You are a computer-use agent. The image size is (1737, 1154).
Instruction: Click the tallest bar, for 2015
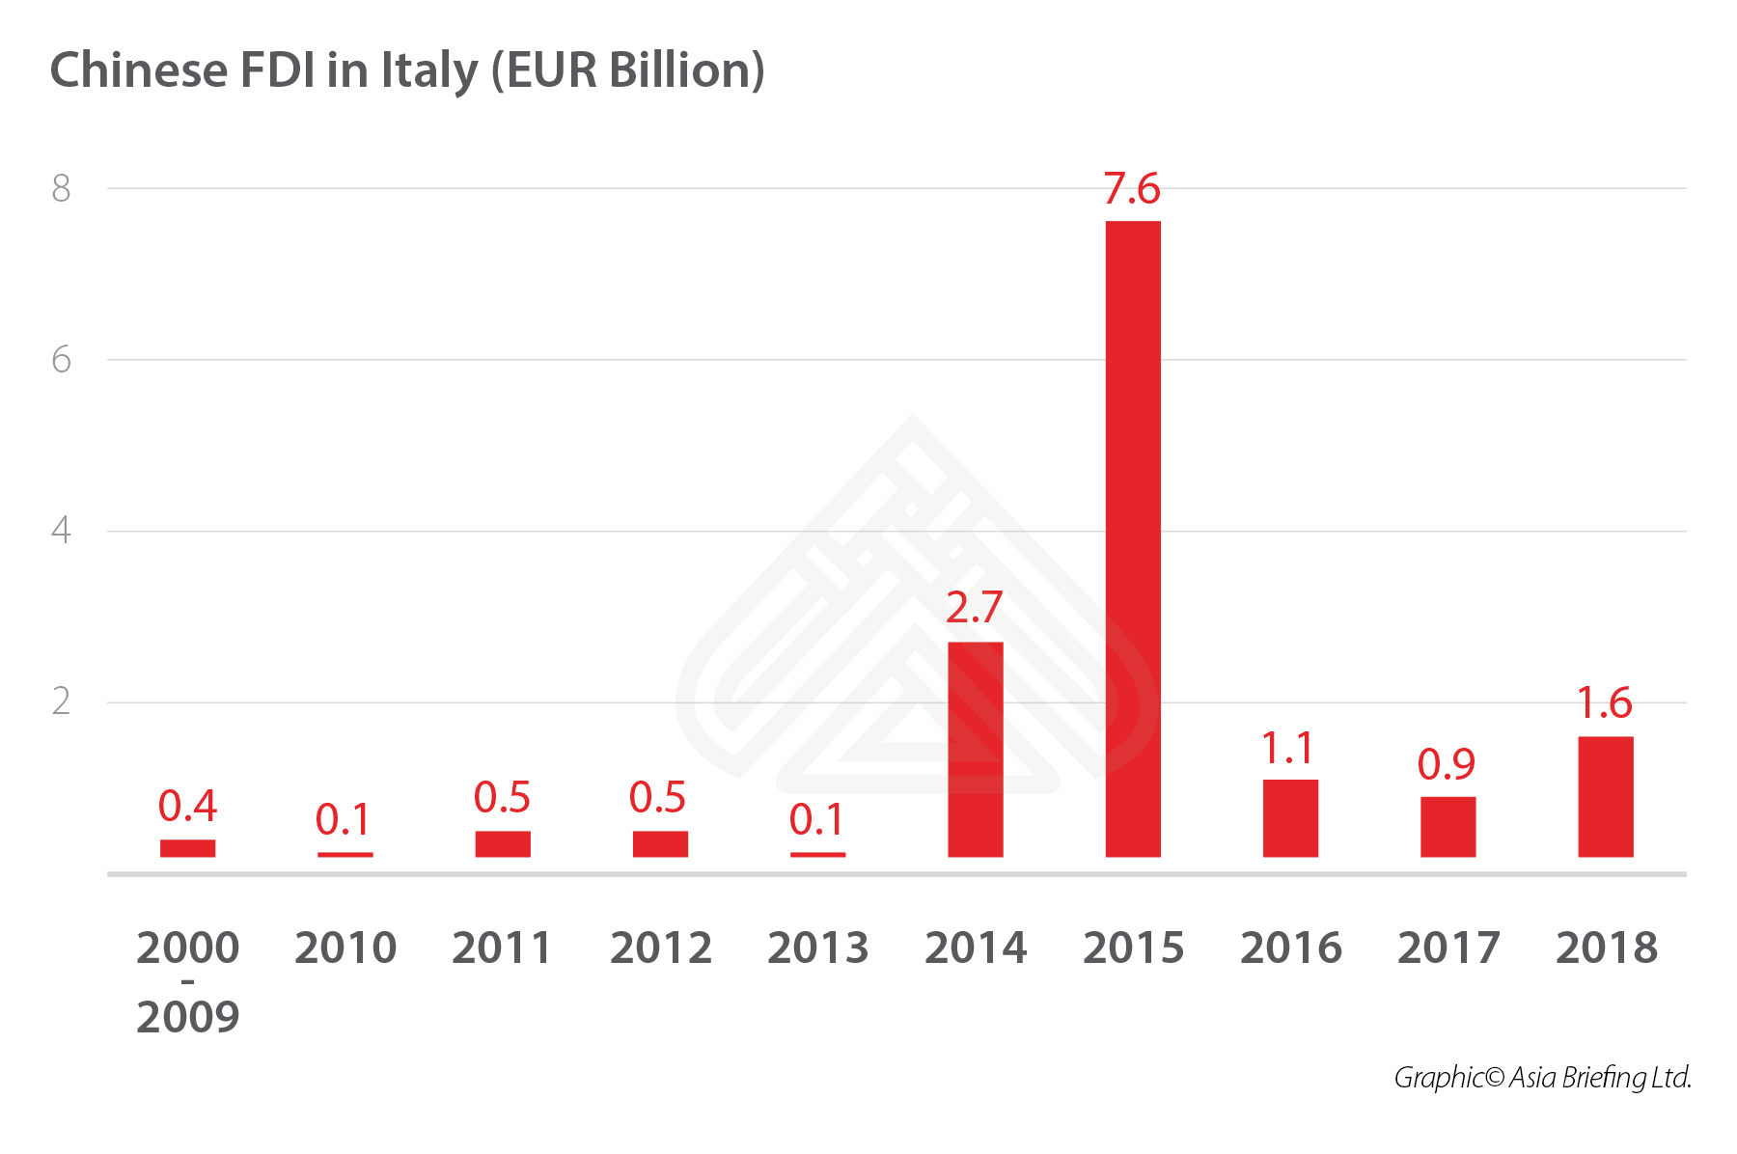(1133, 538)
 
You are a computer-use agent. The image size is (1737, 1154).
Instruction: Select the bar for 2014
(975, 749)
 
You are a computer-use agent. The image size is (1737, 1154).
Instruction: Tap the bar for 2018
(1605, 796)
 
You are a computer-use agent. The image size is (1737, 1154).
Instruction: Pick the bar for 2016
(1290, 817)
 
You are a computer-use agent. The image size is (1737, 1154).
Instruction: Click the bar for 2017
(1447, 826)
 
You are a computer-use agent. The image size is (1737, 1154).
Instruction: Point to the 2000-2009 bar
(187, 848)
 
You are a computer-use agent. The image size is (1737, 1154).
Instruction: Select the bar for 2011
(503, 843)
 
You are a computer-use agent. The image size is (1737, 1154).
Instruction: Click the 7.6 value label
(1132, 188)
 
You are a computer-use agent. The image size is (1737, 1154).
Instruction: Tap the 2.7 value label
(974, 608)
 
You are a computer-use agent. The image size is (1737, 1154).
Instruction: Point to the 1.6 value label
(1604, 703)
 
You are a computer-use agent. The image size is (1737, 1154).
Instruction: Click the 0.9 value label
(1447, 764)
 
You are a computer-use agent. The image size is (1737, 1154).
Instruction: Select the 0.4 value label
(187, 806)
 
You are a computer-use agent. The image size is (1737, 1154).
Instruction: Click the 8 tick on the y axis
(62, 189)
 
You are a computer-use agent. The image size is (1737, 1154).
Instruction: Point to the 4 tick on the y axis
(62, 530)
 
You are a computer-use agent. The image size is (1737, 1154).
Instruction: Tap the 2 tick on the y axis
(62, 701)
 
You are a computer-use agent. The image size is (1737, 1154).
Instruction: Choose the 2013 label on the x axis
(817, 948)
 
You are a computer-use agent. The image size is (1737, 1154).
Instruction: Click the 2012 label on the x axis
(660, 948)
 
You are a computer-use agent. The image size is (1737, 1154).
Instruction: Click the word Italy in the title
(429, 71)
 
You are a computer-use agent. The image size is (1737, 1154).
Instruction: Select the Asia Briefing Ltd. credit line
(1542, 1077)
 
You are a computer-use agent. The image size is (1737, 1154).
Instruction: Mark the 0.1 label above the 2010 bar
(344, 820)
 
